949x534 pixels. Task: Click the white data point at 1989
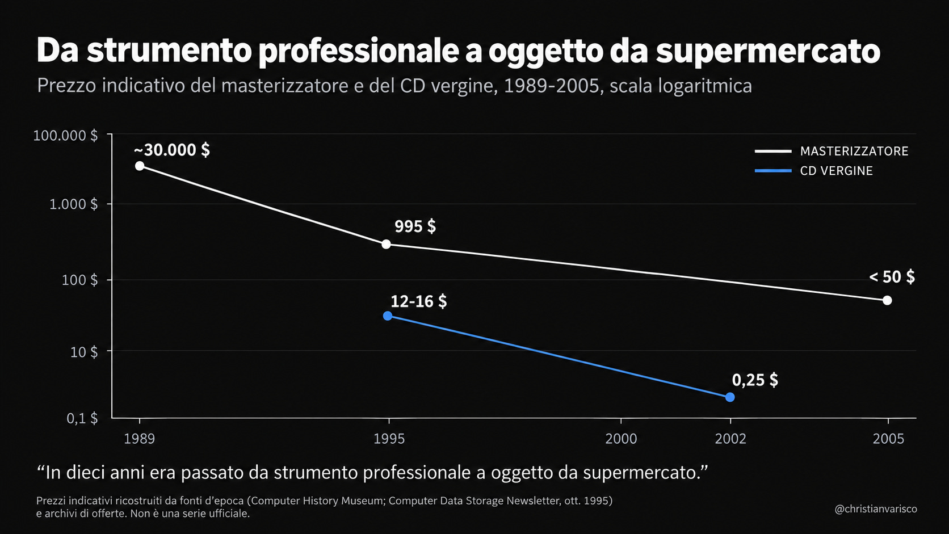click(x=140, y=166)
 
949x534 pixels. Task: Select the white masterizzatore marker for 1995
click(x=386, y=245)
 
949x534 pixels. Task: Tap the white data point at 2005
click(x=887, y=300)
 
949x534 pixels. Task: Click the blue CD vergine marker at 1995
click(x=387, y=316)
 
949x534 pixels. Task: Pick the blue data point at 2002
click(x=729, y=397)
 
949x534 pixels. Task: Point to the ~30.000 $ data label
click(x=171, y=150)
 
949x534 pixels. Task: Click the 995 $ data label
click(x=415, y=226)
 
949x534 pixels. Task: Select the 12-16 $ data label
click(x=418, y=301)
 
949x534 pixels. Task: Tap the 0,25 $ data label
click(x=755, y=380)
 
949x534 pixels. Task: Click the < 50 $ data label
click(x=892, y=277)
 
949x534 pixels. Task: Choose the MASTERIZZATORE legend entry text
click(x=854, y=151)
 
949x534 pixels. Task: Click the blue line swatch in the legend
click(x=773, y=171)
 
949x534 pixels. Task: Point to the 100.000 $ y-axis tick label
click(x=65, y=136)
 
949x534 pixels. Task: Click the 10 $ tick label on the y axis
click(x=84, y=352)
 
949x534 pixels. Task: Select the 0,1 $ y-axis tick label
click(x=82, y=418)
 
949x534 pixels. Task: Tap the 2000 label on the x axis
click(x=621, y=439)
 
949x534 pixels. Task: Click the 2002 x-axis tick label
click(x=730, y=439)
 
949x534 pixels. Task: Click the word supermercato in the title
click(x=768, y=52)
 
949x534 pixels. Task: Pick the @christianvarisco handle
click(x=876, y=509)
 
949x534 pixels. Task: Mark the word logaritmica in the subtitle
click(x=705, y=86)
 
